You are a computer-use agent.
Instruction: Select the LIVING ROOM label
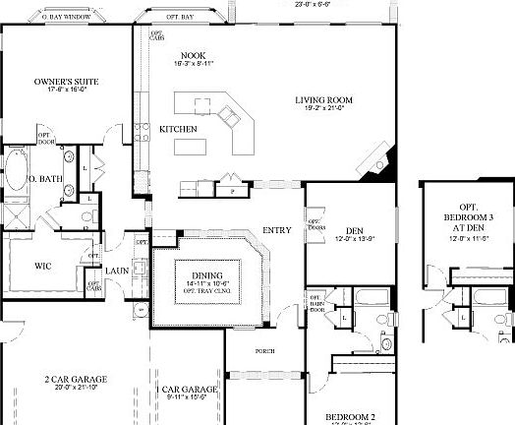[x=323, y=100]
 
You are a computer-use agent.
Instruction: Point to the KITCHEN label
[x=179, y=129]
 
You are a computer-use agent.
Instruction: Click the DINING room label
[x=207, y=274]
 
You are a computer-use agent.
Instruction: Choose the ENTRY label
[x=277, y=230]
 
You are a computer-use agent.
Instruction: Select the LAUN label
[x=117, y=270]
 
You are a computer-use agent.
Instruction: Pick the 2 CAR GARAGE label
[x=76, y=379]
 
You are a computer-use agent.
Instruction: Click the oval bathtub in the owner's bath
[x=17, y=170]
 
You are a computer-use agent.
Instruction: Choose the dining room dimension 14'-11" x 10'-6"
[x=207, y=283]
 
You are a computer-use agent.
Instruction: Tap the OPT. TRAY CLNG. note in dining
[x=207, y=291]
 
